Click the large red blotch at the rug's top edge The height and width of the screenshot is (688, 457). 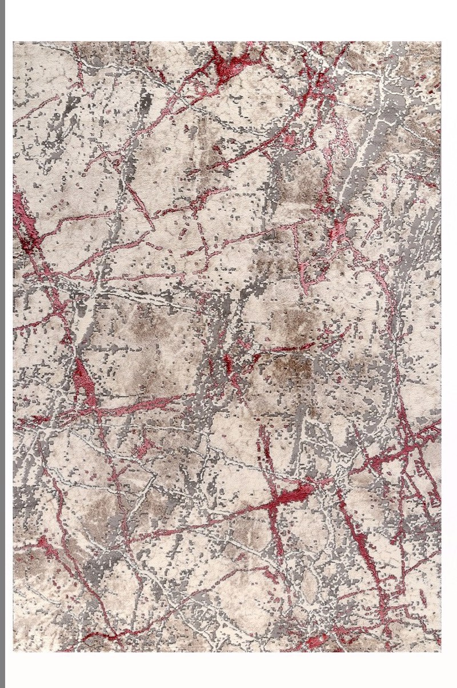coord(231,60)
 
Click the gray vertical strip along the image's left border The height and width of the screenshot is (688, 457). coord(2,343)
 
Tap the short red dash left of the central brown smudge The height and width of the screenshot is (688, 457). coord(228,363)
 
